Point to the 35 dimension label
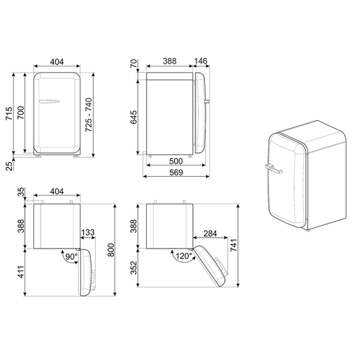pos(22,190)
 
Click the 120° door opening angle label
pos(183,257)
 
